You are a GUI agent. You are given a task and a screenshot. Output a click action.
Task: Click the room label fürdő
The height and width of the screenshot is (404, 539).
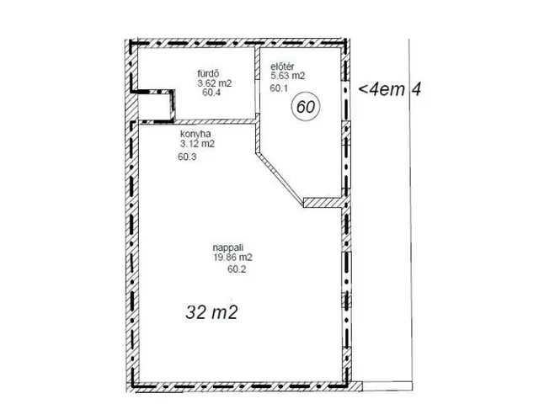tap(208, 73)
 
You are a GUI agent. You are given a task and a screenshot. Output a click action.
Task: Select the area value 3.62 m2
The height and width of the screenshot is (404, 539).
tap(215, 83)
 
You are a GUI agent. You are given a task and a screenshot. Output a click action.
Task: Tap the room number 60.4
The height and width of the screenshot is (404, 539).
tap(211, 93)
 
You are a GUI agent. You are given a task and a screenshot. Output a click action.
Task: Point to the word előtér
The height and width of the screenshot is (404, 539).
tap(282, 66)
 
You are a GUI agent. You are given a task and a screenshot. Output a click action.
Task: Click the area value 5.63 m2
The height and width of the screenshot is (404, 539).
tap(288, 76)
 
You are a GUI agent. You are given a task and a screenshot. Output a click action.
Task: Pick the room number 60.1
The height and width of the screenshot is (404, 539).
tap(279, 88)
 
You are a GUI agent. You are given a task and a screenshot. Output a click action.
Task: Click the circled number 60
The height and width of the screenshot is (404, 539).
tap(306, 107)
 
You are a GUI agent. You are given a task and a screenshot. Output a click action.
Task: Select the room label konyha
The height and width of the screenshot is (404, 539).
tap(195, 134)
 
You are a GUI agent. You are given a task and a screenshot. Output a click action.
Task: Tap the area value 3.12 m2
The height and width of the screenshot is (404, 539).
tap(197, 144)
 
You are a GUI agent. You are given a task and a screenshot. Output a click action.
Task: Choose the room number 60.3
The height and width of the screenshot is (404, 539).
tap(187, 157)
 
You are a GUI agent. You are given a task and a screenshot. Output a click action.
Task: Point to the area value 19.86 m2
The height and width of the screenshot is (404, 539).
tap(232, 257)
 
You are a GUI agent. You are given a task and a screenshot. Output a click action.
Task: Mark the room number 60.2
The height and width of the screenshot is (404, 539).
tap(237, 269)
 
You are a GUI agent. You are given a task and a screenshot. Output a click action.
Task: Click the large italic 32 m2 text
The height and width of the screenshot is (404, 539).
tap(211, 312)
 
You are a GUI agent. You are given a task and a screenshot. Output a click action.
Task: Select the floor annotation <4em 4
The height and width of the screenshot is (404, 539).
tap(389, 89)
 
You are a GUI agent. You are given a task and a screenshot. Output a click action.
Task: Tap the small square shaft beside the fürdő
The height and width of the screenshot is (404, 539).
tap(154, 106)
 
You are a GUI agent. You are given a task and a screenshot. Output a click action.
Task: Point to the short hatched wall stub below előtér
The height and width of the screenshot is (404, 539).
tap(323, 203)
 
